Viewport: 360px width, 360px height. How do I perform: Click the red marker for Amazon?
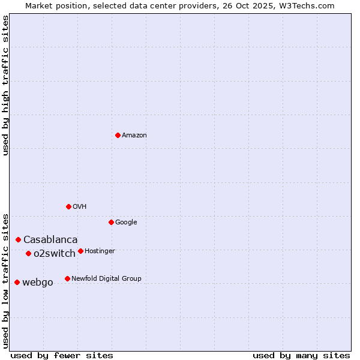pos(118,135)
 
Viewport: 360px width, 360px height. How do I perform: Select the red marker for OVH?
pos(68,206)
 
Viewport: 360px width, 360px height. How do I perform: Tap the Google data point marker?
pos(111,222)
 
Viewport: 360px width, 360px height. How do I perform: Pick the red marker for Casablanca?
pos(18,239)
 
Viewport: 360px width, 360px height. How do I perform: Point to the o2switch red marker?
pos(28,253)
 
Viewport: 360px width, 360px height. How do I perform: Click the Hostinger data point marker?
pos(80,251)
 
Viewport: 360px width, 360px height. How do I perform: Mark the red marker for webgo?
pos(17,282)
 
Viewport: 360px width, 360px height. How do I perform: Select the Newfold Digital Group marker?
pos(67,278)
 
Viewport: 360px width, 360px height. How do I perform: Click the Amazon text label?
pos(134,136)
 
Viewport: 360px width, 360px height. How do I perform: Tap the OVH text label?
pos(80,207)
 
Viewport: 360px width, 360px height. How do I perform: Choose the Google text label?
pos(126,223)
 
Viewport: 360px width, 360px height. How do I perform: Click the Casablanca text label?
pos(50,240)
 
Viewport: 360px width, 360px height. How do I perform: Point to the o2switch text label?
pos(55,254)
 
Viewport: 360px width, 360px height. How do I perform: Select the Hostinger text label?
pos(100,251)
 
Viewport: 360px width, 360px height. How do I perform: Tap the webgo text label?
pos(38,283)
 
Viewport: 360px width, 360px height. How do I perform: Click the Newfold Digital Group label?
pos(106,279)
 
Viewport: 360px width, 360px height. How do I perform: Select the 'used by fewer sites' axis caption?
pos(62,355)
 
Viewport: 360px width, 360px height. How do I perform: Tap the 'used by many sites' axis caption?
pos(301,355)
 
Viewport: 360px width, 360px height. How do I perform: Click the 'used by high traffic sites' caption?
pos(5,85)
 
